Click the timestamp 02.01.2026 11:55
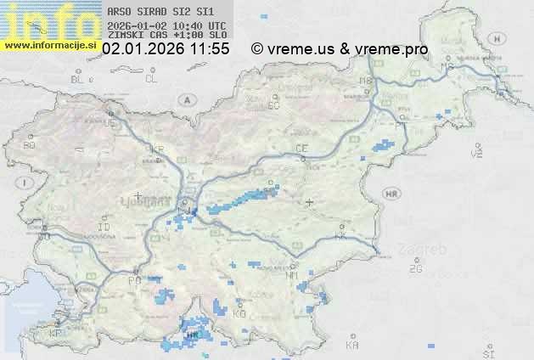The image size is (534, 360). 166,49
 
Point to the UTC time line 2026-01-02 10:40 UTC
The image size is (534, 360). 167,26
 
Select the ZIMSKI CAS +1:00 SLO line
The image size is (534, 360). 167,35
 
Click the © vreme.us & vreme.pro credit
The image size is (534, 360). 340,49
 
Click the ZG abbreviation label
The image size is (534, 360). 415,269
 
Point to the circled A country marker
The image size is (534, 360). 185,99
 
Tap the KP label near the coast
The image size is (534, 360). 56,334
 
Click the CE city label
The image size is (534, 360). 301,149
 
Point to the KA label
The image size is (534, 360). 352,346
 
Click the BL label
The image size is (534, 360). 77,79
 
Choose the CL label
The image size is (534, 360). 151,79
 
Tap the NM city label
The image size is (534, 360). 293,275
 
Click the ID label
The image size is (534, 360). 104,228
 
